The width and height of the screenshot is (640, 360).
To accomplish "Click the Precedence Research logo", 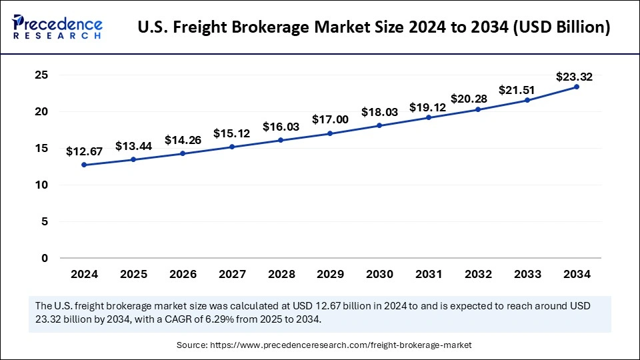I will pos(57,27).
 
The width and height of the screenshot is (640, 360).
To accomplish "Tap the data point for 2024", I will pos(84,165).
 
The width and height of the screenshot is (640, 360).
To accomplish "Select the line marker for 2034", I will pos(577,87).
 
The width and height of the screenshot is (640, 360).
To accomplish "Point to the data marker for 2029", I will pos(331,133).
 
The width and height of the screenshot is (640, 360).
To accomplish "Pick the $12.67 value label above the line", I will pos(84,152).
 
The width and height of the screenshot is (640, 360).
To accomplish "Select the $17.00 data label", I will pos(330,120).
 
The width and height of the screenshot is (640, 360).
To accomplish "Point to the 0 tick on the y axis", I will pos(45,258).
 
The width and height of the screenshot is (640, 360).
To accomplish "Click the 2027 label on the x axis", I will pos(232,274).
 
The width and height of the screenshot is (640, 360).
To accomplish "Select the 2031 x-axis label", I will pos(429,274).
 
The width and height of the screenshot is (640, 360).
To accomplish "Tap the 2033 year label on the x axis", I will pos(527,274).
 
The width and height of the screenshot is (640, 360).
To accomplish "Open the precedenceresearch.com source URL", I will pos(341,345).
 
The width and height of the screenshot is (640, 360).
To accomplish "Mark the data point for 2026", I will pos(183,153).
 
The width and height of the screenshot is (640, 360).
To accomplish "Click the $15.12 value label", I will pos(231,133).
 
